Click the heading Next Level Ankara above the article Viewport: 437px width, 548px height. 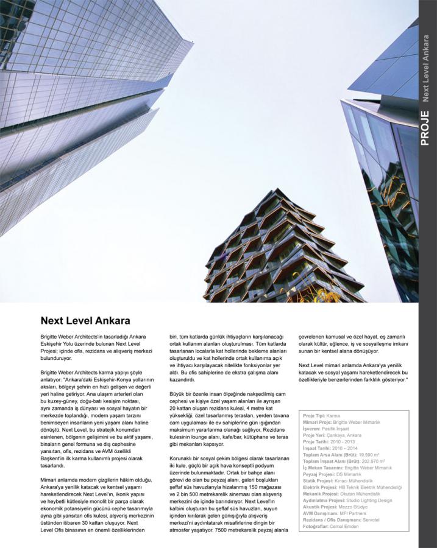point(85,320)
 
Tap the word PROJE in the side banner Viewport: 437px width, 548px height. point(425,127)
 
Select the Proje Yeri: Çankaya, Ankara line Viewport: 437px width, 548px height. point(332,435)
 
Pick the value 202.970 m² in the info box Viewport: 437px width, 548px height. point(373,462)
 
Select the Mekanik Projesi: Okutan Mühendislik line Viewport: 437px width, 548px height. point(342,494)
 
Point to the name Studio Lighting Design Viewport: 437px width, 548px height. point(369,500)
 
